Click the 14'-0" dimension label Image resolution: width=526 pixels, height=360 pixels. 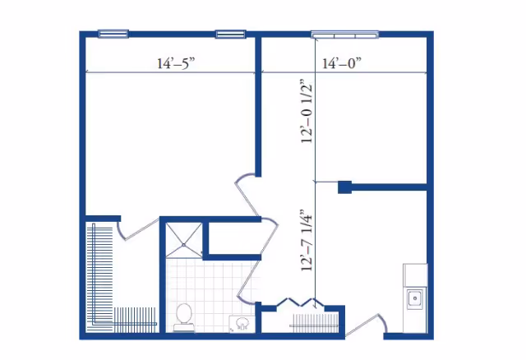coord(342,62)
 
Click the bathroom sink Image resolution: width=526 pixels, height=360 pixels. coord(242,323)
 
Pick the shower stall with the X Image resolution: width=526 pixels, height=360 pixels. coord(182,239)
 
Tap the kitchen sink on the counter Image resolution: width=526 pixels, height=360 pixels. coord(415,298)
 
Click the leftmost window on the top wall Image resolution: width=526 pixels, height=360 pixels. coord(113,34)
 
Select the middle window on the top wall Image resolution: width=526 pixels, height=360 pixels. coord(231,34)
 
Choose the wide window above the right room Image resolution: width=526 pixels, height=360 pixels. coord(344,35)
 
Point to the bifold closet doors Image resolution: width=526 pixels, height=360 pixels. coord(299,302)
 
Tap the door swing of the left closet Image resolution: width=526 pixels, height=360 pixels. coord(131,230)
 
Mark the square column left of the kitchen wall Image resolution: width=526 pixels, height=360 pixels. coord(344,187)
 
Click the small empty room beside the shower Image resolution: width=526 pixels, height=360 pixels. coord(230,240)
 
